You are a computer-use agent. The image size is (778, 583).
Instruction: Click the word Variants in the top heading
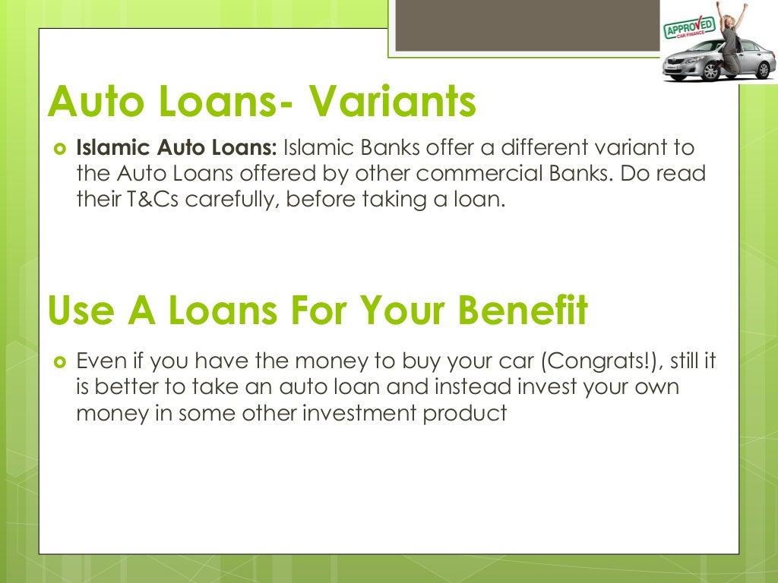tap(391, 102)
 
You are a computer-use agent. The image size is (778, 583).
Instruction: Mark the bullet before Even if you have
tap(61, 361)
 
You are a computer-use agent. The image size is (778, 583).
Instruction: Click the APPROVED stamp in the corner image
tap(689, 28)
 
